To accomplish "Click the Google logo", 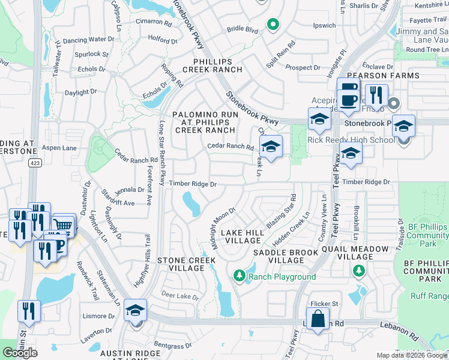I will point(20,352).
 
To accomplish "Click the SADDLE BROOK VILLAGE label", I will point(286,256).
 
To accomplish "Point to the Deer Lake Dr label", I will point(179,296).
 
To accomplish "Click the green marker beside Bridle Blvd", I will point(273,25).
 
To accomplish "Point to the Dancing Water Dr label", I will point(88,40).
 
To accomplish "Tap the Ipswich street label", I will point(325,26).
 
